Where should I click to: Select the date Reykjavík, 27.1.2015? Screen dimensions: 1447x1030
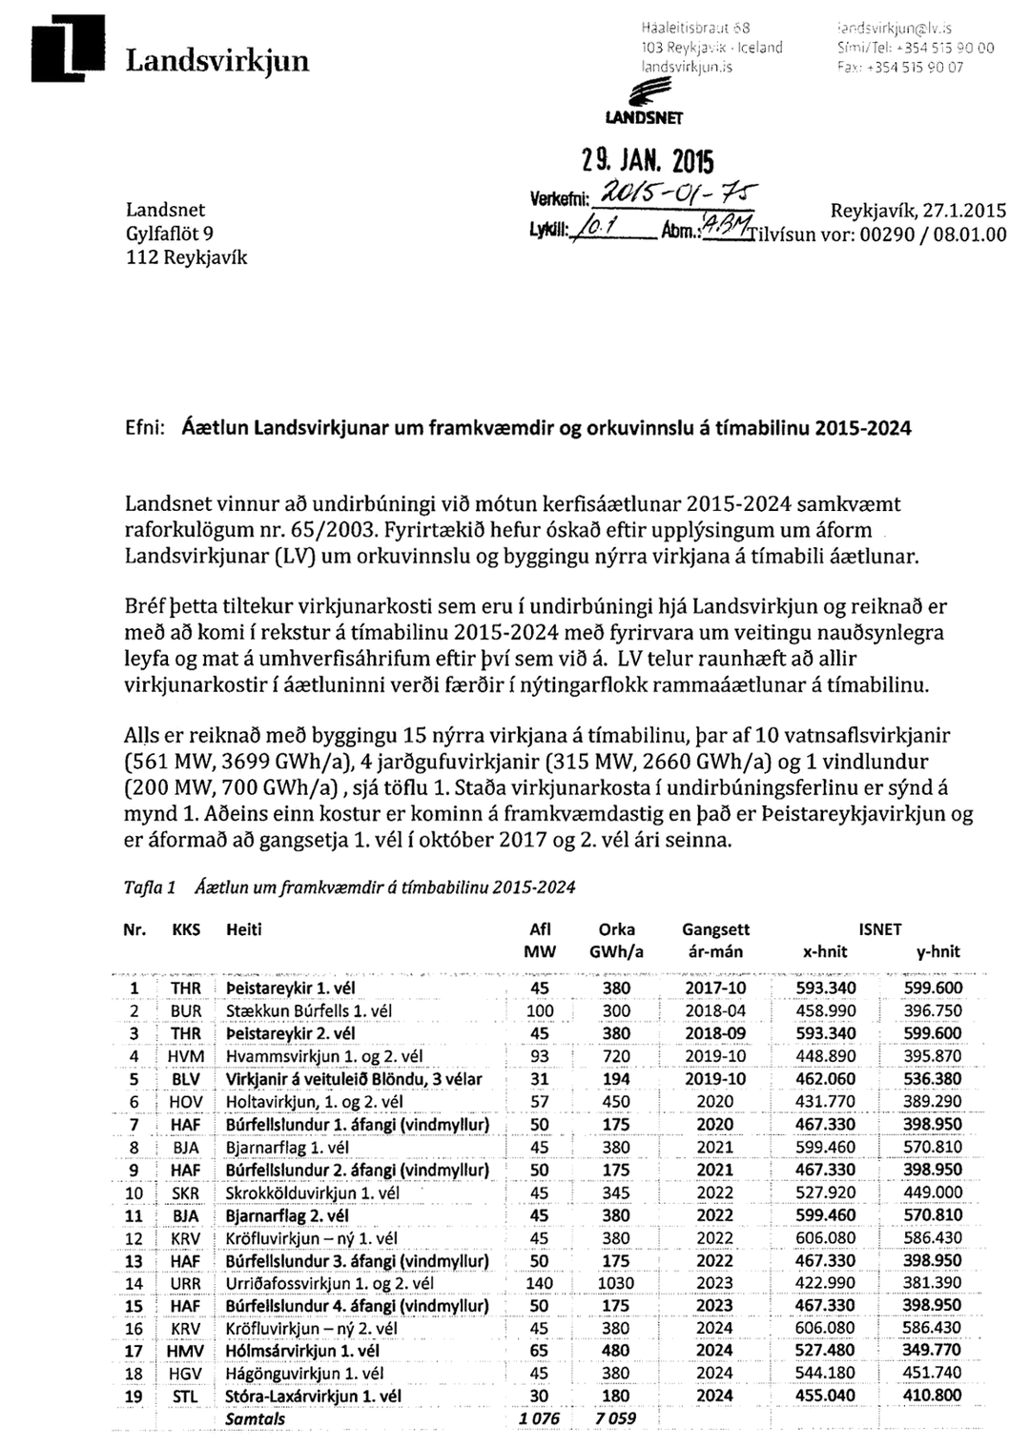(917, 211)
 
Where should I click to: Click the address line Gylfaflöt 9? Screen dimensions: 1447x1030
(170, 234)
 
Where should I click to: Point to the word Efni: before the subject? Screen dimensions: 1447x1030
(146, 428)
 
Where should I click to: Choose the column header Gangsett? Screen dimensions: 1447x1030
(715, 929)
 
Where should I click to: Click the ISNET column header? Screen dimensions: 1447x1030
(878, 929)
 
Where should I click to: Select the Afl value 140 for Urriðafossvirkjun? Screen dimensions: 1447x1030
(540, 1284)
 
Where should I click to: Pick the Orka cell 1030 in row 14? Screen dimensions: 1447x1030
(616, 1284)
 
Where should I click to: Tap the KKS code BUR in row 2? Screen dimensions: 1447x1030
(186, 1010)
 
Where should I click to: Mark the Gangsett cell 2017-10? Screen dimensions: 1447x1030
(715, 988)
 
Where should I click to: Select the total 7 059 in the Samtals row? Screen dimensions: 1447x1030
(614, 1419)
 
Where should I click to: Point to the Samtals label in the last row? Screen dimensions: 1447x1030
(255, 1419)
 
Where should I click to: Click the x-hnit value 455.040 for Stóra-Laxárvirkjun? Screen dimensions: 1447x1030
(825, 1396)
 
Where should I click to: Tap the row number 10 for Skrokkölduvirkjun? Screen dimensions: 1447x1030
(134, 1193)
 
